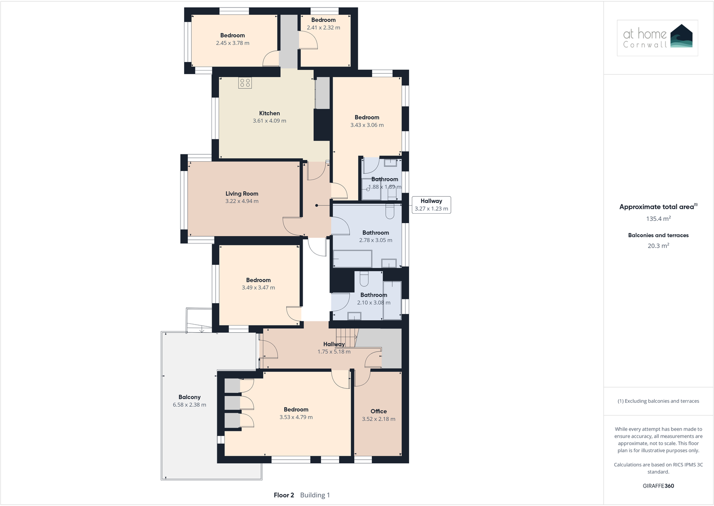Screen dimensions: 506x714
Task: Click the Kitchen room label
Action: point(269,113)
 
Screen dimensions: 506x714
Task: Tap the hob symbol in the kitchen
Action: point(245,83)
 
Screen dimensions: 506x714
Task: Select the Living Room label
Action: point(242,194)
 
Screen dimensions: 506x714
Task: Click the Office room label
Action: point(379,411)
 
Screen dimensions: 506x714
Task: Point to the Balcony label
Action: point(190,397)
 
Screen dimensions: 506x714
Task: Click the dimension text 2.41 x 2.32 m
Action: point(323,27)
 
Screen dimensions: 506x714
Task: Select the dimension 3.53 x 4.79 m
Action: point(296,417)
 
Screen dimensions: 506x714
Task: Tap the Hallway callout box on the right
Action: point(431,205)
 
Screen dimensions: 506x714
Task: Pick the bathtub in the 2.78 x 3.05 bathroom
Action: point(353,259)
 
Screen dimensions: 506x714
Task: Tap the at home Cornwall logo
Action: point(657,38)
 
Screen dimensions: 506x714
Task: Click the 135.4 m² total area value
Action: point(658,219)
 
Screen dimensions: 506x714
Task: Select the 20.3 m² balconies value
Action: point(658,246)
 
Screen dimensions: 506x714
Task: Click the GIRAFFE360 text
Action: point(658,486)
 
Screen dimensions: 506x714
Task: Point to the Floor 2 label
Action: point(284,495)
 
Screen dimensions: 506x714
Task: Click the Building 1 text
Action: point(315,495)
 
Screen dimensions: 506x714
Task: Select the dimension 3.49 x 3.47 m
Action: point(258,288)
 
